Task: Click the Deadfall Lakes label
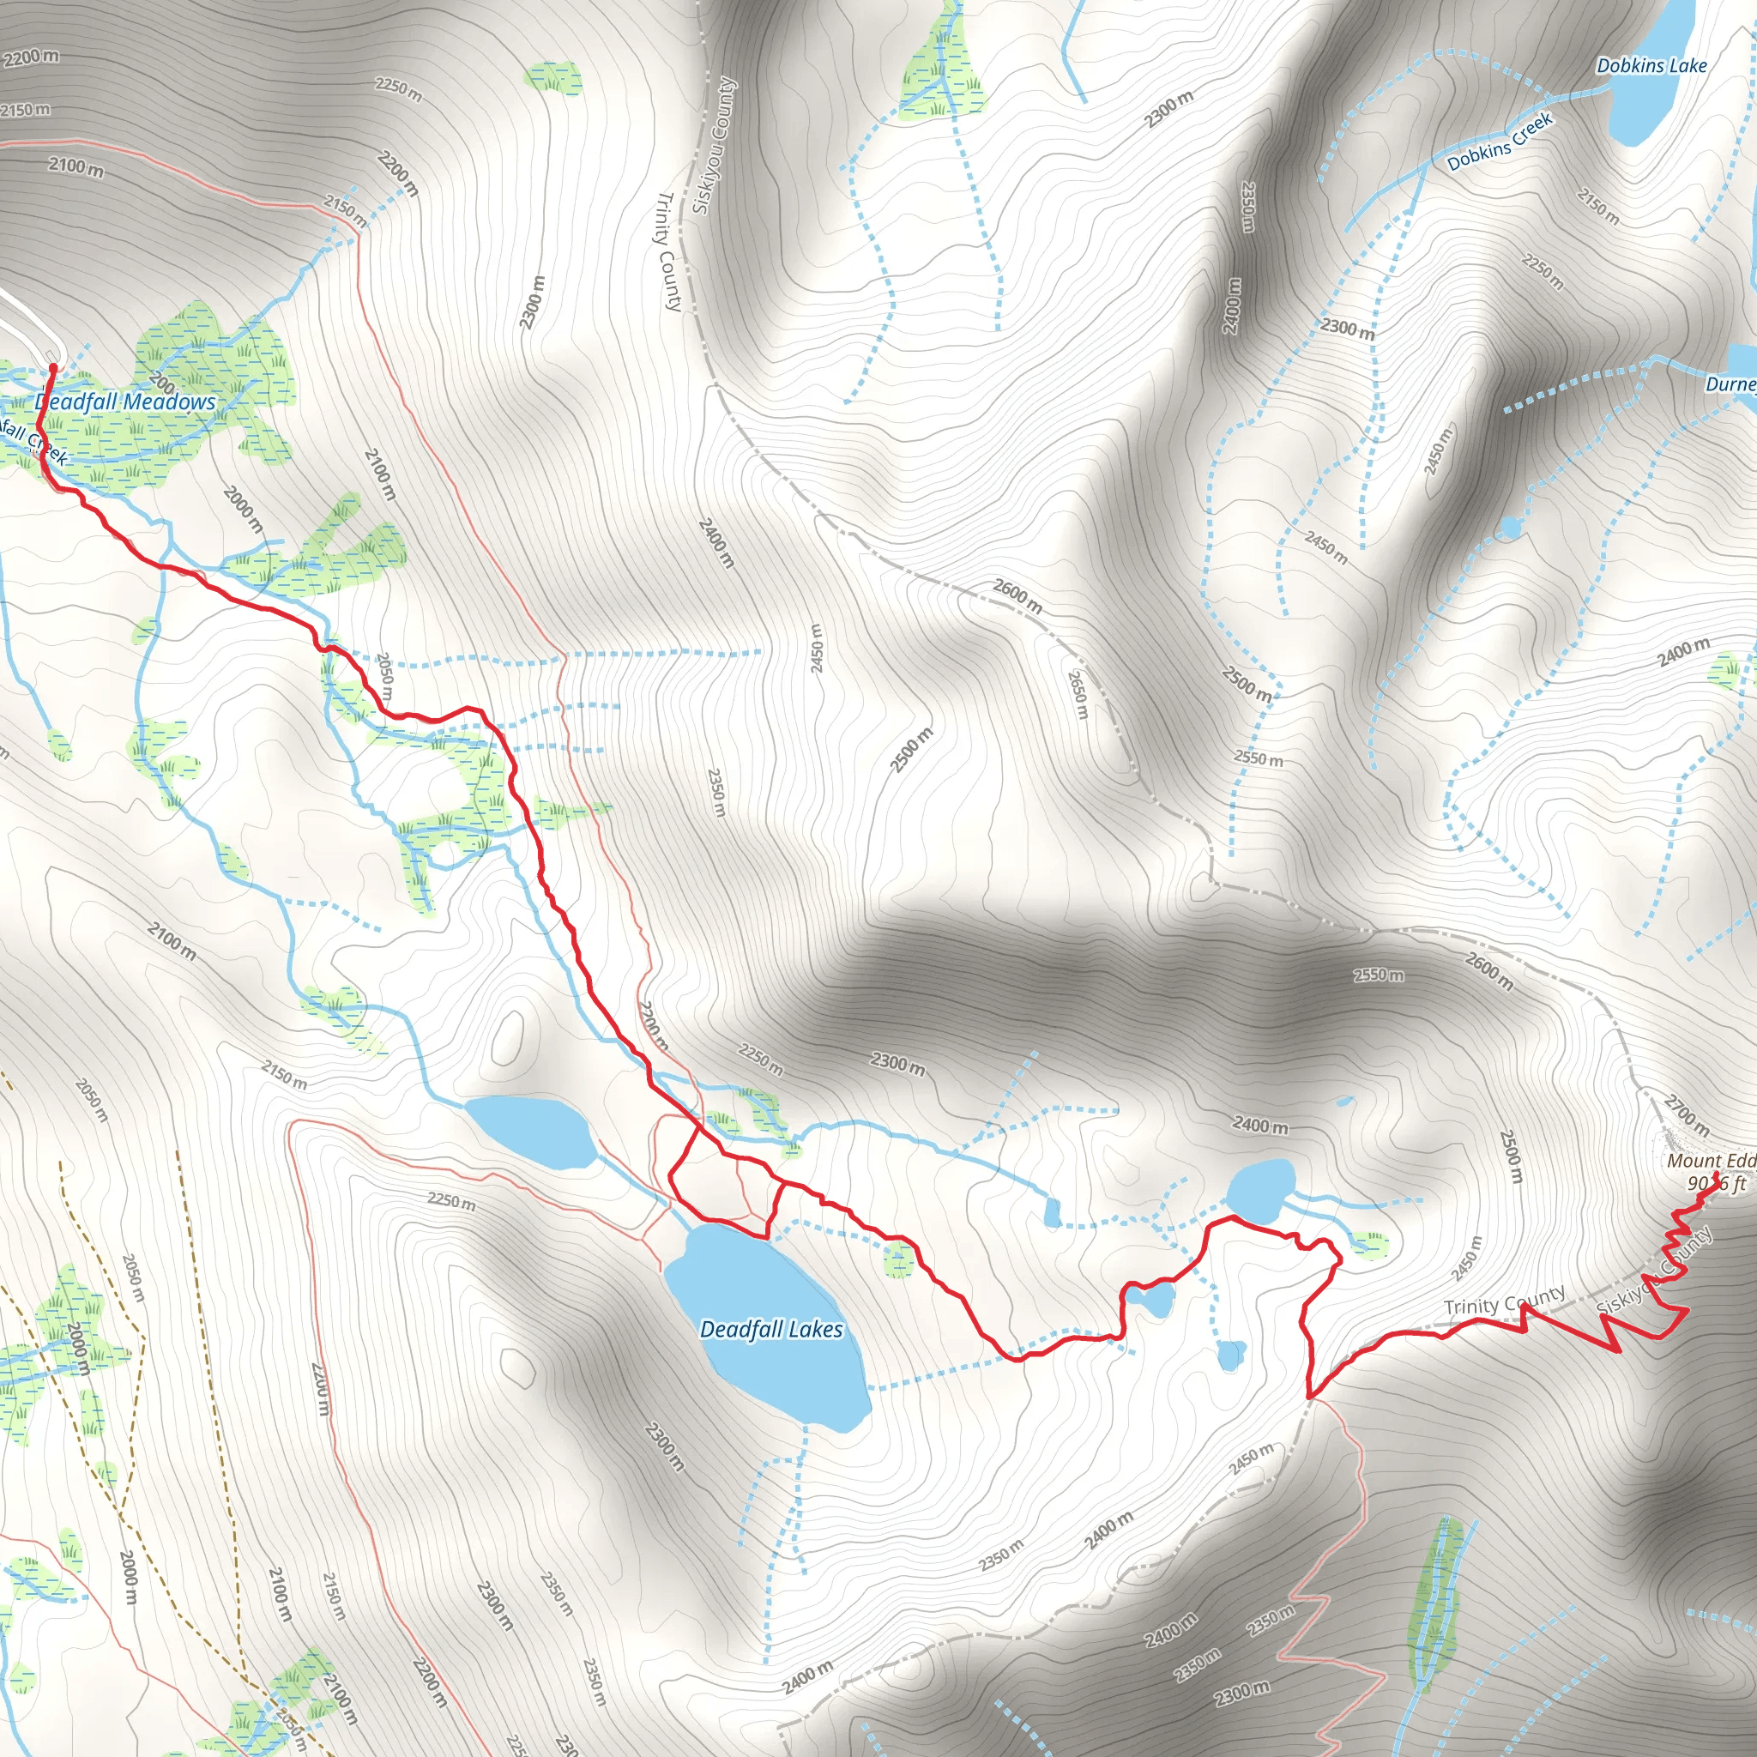pyautogui.click(x=771, y=1330)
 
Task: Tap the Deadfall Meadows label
pyautogui.click(x=125, y=402)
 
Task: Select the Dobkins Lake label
pyautogui.click(x=1651, y=65)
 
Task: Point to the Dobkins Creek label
pyautogui.click(x=1500, y=142)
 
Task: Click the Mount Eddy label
pyautogui.click(x=1710, y=1162)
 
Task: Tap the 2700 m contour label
pyautogui.click(x=1686, y=1116)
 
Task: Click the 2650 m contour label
pyautogui.click(x=1078, y=695)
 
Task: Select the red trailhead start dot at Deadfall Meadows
pyautogui.click(x=52, y=367)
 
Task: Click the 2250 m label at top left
pyautogui.click(x=398, y=88)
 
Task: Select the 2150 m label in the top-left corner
pyautogui.click(x=25, y=110)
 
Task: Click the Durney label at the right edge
pyautogui.click(x=1730, y=383)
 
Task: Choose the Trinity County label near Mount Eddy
pyautogui.click(x=1504, y=1301)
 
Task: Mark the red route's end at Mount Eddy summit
pyautogui.click(x=1715, y=1176)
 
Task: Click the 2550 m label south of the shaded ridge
pyautogui.click(x=1378, y=975)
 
